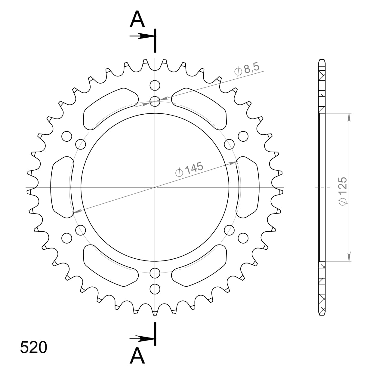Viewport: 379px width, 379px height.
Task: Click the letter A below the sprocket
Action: (137, 356)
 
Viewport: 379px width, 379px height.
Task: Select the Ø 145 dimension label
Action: (189, 170)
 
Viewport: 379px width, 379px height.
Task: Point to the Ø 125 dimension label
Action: (343, 191)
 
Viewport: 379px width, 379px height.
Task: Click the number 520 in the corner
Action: (33, 348)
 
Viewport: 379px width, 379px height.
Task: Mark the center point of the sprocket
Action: (155, 187)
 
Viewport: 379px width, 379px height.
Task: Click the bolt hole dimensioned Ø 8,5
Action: (155, 101)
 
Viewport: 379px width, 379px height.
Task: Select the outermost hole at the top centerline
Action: (155, 86)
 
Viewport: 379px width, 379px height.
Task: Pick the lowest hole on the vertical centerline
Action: (155, 288)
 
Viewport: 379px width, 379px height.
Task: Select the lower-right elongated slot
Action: (199, 265)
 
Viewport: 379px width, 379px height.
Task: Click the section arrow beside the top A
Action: (141, 36)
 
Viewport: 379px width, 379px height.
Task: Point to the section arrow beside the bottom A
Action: (141, 339)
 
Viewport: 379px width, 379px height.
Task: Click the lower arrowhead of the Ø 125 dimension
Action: (349, 257)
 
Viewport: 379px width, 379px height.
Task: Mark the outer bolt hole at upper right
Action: (243, 136)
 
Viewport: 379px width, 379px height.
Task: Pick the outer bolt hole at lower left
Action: (67, 238)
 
